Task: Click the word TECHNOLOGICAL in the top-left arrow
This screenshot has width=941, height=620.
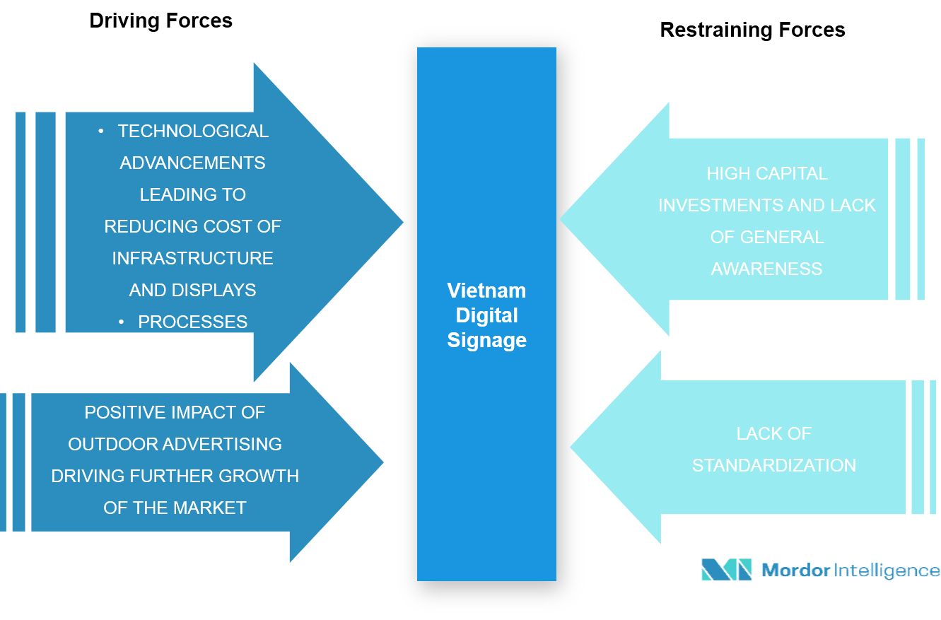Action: coord(193,131)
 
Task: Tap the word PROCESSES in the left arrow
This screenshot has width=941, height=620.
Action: coord(192,322)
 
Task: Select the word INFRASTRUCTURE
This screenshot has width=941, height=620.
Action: coord(192,259)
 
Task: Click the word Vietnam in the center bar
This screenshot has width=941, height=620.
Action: coord(486,291)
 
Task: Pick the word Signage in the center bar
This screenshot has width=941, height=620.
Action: coord(486,340)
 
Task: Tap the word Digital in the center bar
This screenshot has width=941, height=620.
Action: coord(486,315)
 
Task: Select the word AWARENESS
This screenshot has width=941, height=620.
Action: coord(766,269)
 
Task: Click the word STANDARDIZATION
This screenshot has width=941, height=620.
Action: coord(773,466)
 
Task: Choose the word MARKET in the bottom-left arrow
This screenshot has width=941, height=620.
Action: coord(210,508)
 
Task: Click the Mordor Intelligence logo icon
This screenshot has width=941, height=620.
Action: coord(726,570)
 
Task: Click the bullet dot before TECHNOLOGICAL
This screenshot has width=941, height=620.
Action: coord(101,131)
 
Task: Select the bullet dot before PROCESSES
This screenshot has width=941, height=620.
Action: coord(122,322)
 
